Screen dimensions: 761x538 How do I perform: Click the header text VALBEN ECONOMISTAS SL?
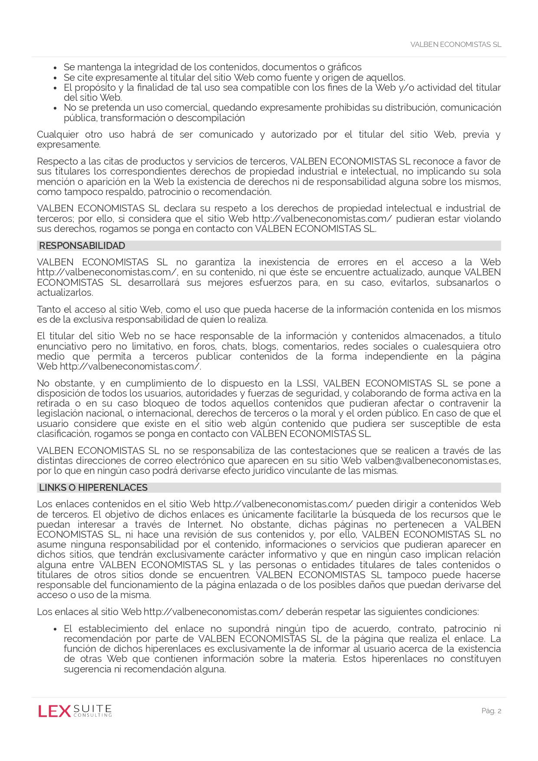[x=456, y=45]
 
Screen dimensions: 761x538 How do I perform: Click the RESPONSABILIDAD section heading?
[x=82, y=246]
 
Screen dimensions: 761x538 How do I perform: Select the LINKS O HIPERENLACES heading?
[x=93, y=488]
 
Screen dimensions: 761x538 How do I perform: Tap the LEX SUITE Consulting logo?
[x=75, y=711]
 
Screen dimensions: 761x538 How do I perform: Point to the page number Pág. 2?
[x=491, y=711]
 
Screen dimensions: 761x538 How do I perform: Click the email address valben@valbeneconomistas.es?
[x=432, y=461]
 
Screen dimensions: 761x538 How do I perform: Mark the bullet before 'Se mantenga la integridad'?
[x=55, y=68]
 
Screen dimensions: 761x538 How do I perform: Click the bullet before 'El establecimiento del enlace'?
[x=55, y=629]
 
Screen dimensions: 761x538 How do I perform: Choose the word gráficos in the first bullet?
[x=344, y=67]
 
